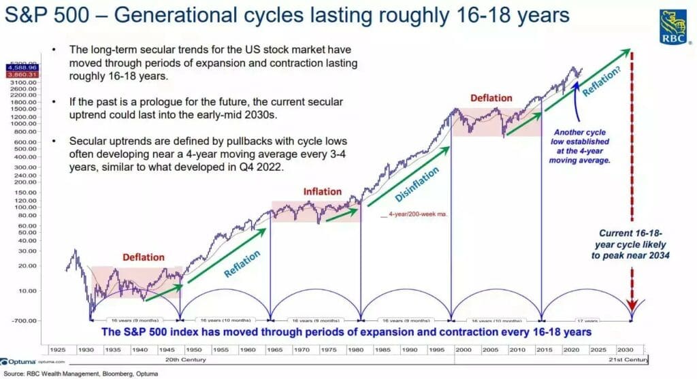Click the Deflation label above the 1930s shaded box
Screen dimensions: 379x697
143,257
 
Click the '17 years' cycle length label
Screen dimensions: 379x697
587,320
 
